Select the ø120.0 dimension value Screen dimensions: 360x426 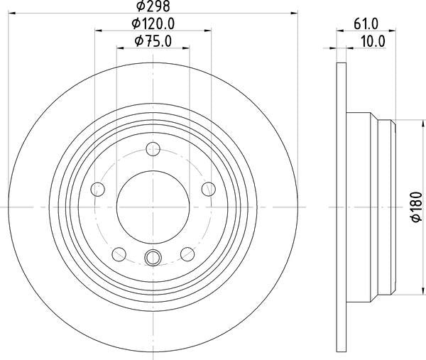click(153, 24)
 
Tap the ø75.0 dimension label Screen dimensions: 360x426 click(153, 41)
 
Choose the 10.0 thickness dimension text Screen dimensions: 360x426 click(370, 41)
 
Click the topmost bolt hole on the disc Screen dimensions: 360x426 click(153, 149)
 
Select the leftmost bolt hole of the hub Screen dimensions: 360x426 click(98, 189)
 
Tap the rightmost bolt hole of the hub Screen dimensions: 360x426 click(208, 189)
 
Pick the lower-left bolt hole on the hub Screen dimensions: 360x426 click(119, 253)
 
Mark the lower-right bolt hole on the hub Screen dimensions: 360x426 click(187, 253)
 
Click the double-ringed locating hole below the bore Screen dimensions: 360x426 click(153, 258)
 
